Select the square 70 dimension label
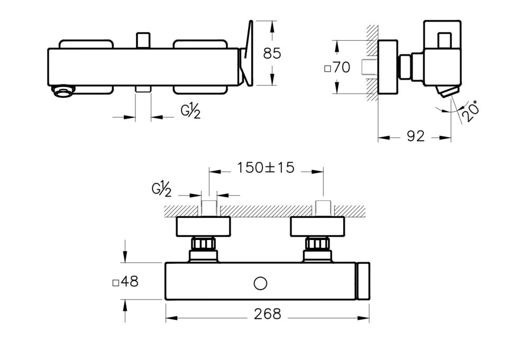click(x=337, y=68)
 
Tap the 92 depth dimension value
click(x=416, y=136)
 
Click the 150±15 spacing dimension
click(x=266, y=168)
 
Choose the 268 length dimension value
click(x=267, y=313)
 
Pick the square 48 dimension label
click(x=126, y=282)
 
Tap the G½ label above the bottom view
click(x=161, y=187)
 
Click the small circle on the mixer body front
click(x=260, y=283)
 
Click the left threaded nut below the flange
click(x=204, y=244)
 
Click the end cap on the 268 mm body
click(x=363, y=281)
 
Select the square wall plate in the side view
click(x=387, y=68)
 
